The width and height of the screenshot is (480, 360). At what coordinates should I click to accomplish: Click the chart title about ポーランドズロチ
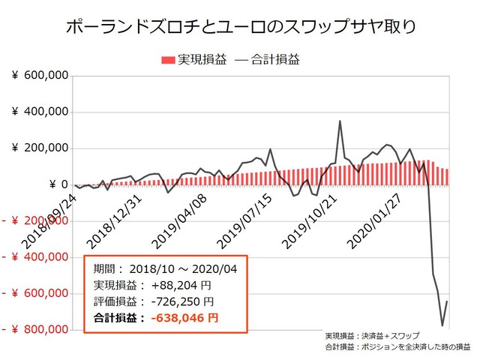(x=239, y=28)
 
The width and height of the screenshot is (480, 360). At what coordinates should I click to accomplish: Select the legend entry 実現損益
(x=193, y=59)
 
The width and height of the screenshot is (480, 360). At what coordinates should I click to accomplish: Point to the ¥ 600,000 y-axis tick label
(x=41, y=75)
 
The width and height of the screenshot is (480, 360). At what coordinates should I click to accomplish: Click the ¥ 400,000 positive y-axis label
(x=41, y=112)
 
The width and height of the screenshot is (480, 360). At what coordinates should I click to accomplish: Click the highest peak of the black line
(x=340, y=121)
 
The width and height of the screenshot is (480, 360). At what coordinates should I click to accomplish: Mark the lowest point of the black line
(x=442, y=325)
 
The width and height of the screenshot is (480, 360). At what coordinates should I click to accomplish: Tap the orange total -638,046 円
(x=184, y=318)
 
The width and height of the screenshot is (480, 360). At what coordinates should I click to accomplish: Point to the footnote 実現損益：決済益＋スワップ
(x=373, y=334)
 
